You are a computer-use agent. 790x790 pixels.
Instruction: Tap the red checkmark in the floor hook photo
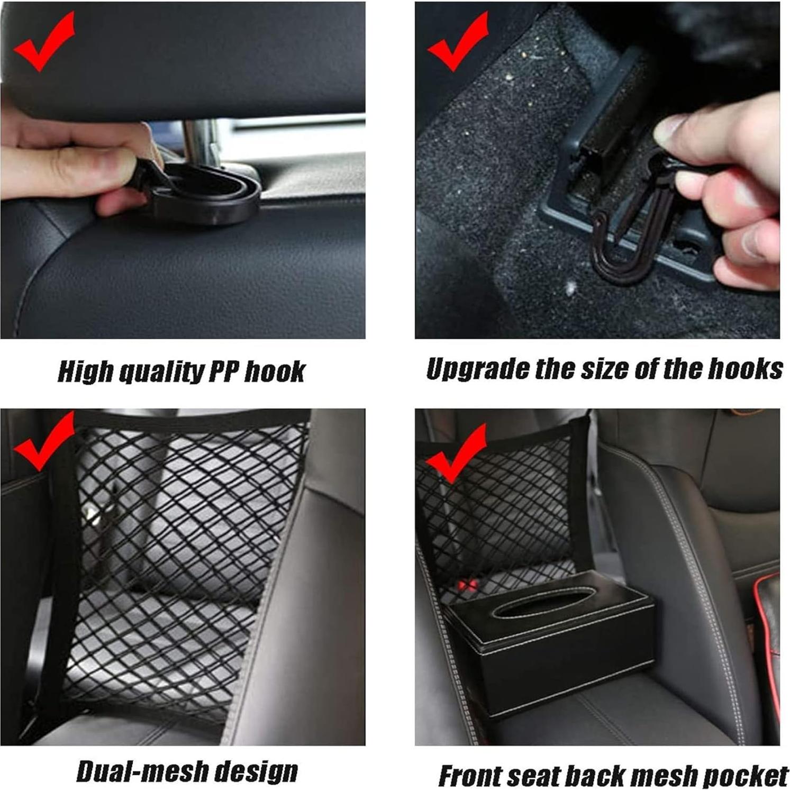point(457,42)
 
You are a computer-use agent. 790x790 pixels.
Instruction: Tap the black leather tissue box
point(550,640)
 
